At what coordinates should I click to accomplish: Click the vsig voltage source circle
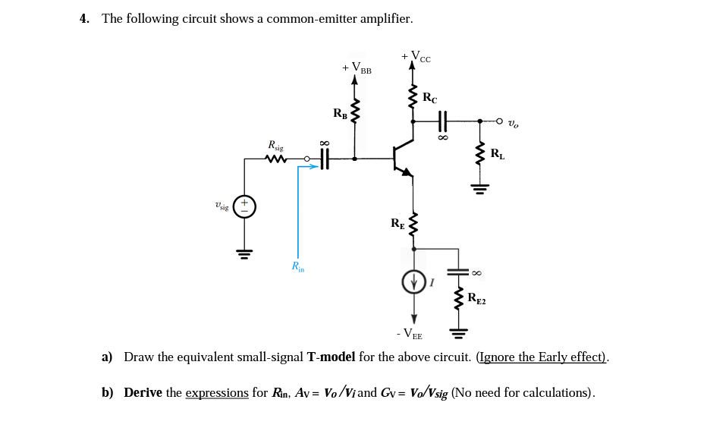pos(244,206)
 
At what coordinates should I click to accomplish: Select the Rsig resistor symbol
pos(275,159)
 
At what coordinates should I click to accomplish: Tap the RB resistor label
pos(340,114)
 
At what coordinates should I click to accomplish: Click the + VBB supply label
pos(357,68)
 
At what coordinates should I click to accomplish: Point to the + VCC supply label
pos(416,56)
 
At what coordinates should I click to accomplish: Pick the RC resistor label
pos(429,97)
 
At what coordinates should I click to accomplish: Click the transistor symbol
pos(402,159)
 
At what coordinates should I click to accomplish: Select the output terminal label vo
pos(514,123)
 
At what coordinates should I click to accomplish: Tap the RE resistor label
pos(397,223)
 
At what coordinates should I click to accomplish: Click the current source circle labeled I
pos(413,282)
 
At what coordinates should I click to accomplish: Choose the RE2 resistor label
pos(476,298)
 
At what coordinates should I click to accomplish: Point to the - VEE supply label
pos(409,333)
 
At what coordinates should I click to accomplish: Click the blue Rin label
pos(298,266)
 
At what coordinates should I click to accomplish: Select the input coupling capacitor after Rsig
pos(325,159)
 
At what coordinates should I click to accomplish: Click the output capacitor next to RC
pos(442,120)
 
